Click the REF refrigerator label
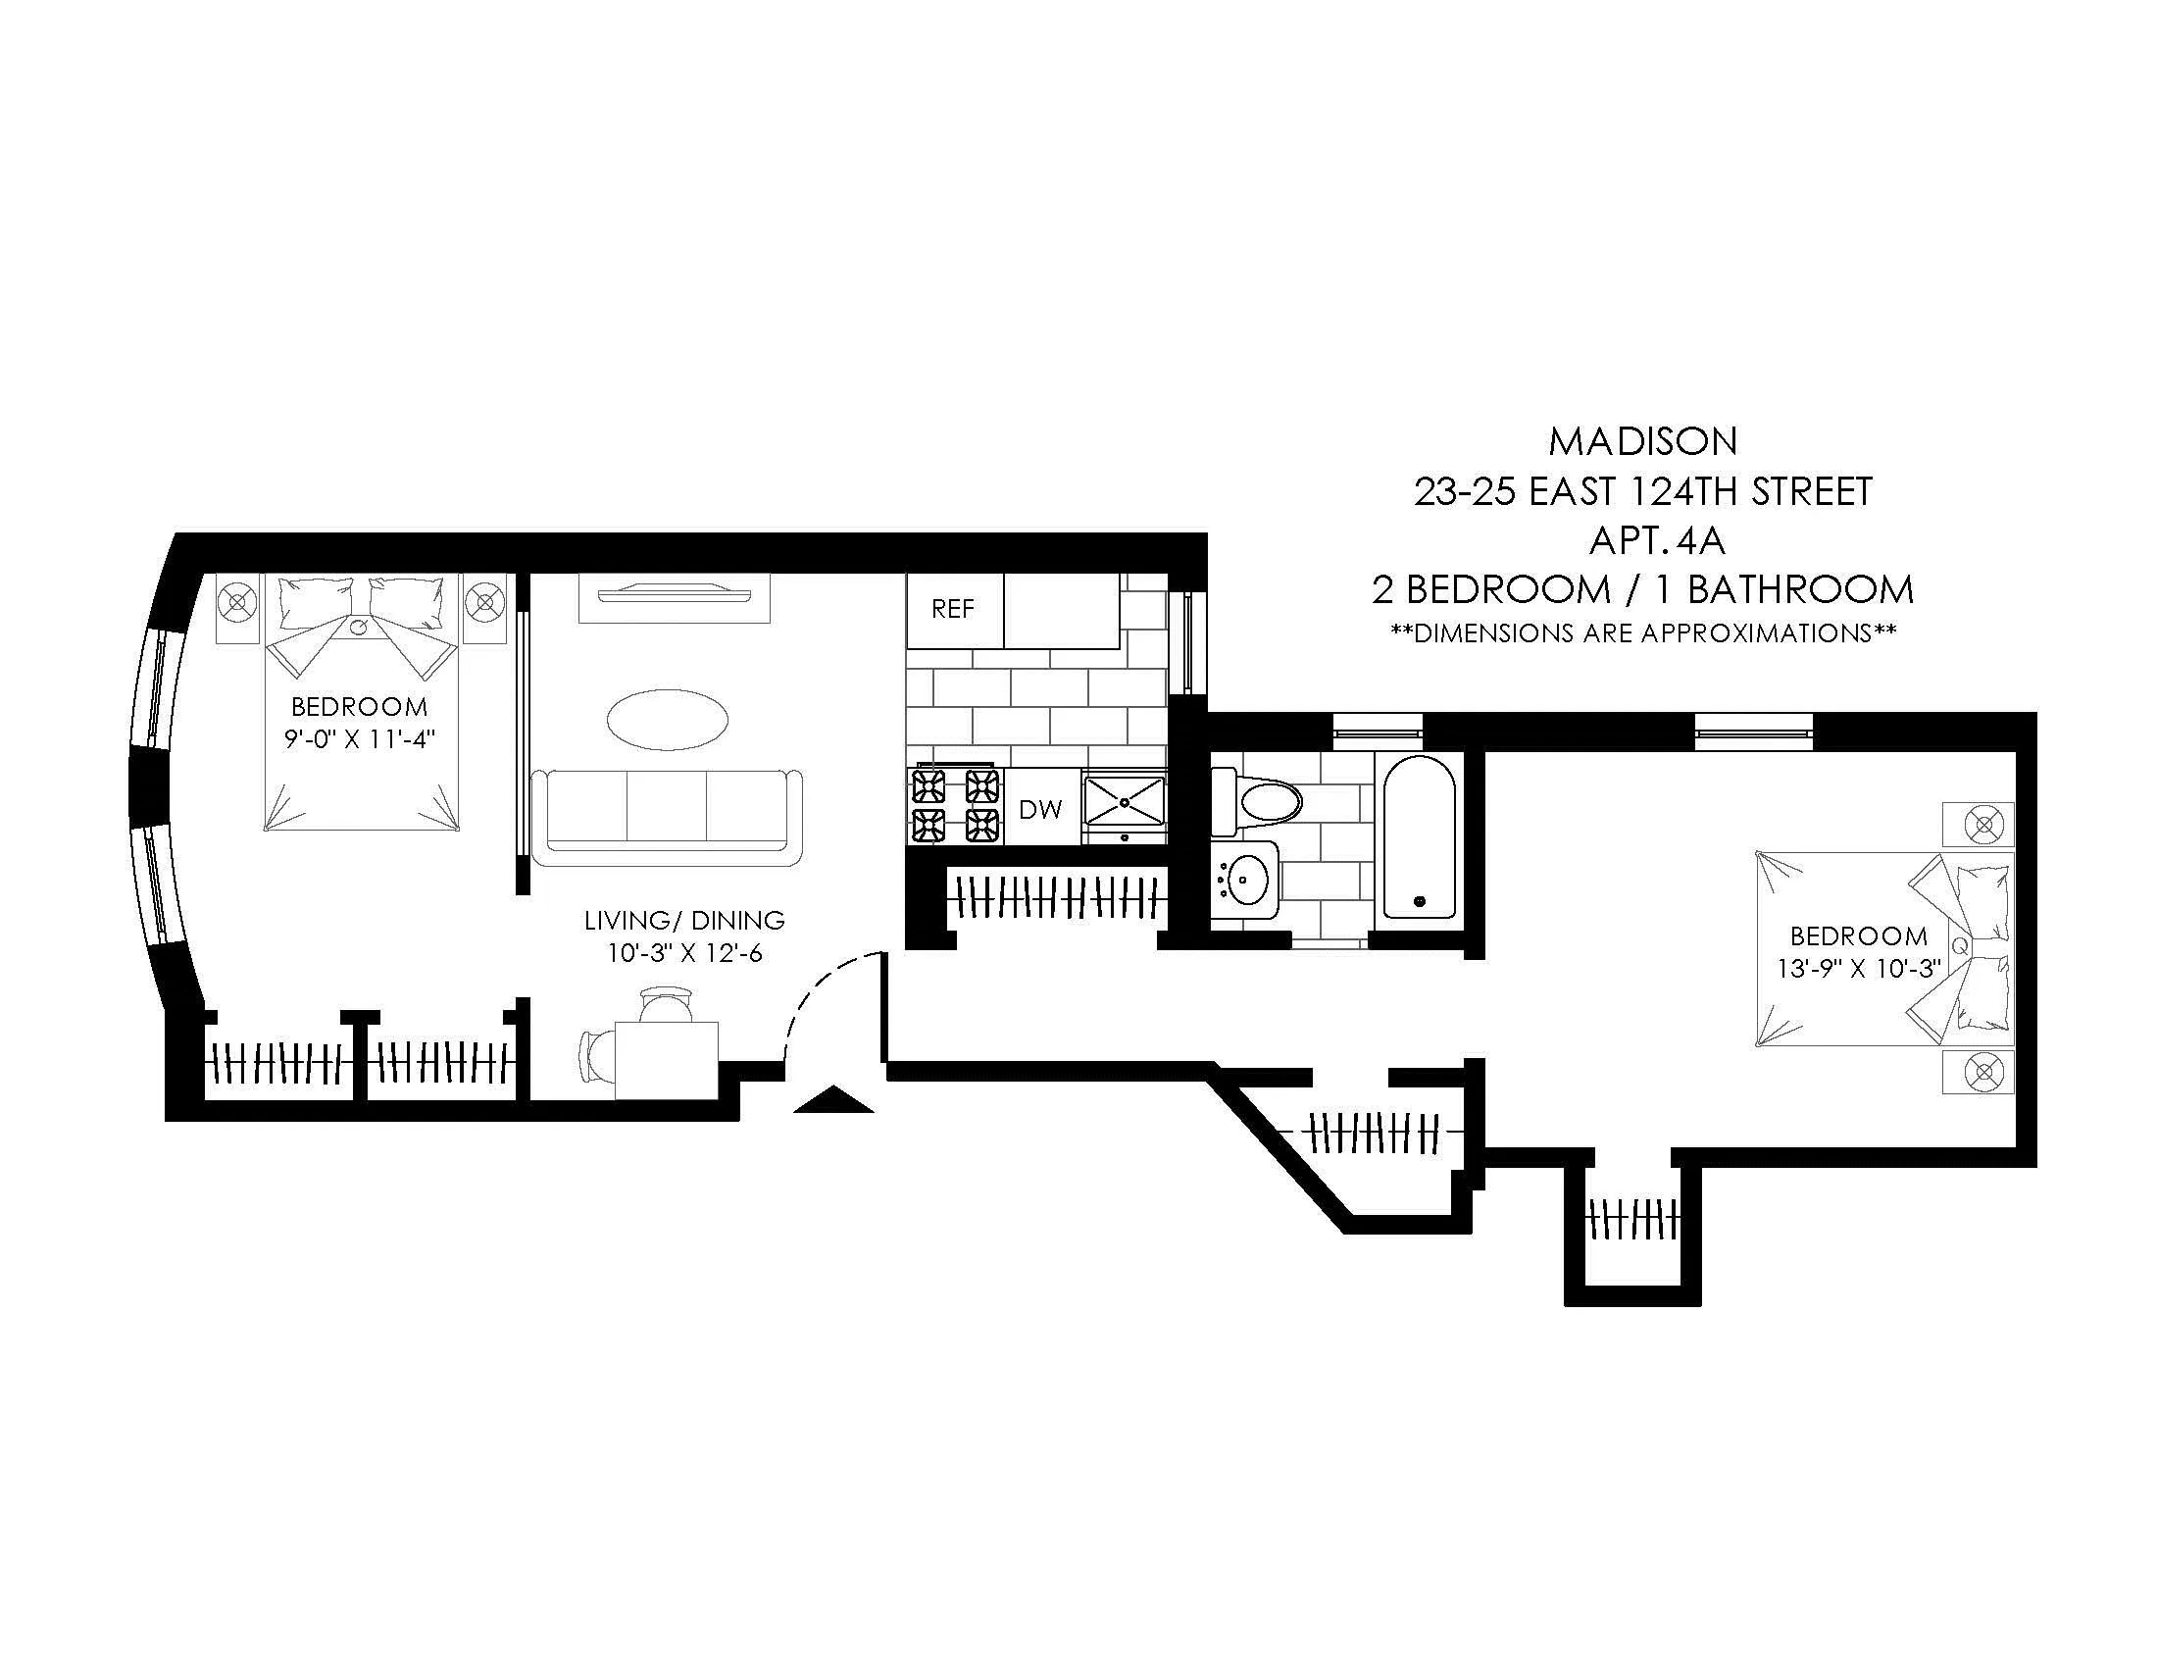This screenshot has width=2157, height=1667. point(952,609)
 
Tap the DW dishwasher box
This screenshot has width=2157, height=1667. point(1040,810)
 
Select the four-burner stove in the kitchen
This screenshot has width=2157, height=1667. point(953,805)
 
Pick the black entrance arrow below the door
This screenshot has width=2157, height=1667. point(833,1100)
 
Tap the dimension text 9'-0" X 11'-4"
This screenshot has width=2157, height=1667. point(360,738)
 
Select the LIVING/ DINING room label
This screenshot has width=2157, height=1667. point(684,921)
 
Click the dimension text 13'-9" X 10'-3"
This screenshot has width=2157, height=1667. point(1859,969)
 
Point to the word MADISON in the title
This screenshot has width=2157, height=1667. point(1642,441)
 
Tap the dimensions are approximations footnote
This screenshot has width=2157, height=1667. point(1642,633)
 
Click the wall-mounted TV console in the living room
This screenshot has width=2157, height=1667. point(674,597)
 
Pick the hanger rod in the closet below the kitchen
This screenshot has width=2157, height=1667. point(1059,896)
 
